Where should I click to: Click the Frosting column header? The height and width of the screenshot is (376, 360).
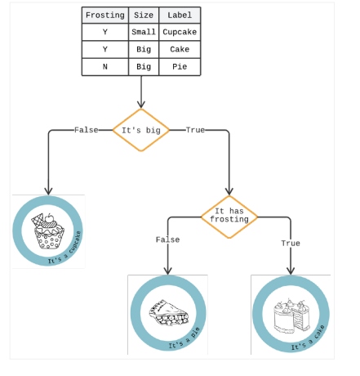[x=105, y=16]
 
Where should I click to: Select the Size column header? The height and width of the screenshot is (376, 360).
[x=143, y=16]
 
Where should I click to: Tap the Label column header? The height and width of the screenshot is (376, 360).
[x=179, y=16]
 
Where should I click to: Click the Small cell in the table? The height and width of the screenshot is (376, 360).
[x=143, y=32]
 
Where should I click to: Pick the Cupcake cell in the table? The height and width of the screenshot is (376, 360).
[x=179, y=32]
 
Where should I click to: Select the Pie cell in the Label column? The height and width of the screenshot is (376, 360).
[x=179, y=66]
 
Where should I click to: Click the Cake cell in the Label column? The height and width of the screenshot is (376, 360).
[x=179, y=49]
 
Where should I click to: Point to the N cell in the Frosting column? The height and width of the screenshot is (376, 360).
[x=105, y=66]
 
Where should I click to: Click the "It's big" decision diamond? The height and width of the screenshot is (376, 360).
[x=141, y=130]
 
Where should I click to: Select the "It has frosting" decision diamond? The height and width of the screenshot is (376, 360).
[x=229, y=216]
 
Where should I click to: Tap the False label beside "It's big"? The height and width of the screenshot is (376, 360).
[x=87, y=130]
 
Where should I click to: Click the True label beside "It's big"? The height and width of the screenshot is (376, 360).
[x=195, y=130]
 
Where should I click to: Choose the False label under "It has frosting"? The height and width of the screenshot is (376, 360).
[x=167, y=239]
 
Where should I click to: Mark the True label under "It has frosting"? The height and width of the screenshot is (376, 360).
[x=291, y=243]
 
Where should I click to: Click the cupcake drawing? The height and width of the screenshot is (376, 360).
[x=48, y=232]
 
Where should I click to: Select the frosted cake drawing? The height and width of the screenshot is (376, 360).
[x=291, y=312]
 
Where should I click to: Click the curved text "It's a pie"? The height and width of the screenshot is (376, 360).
[x=184, y=339]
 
